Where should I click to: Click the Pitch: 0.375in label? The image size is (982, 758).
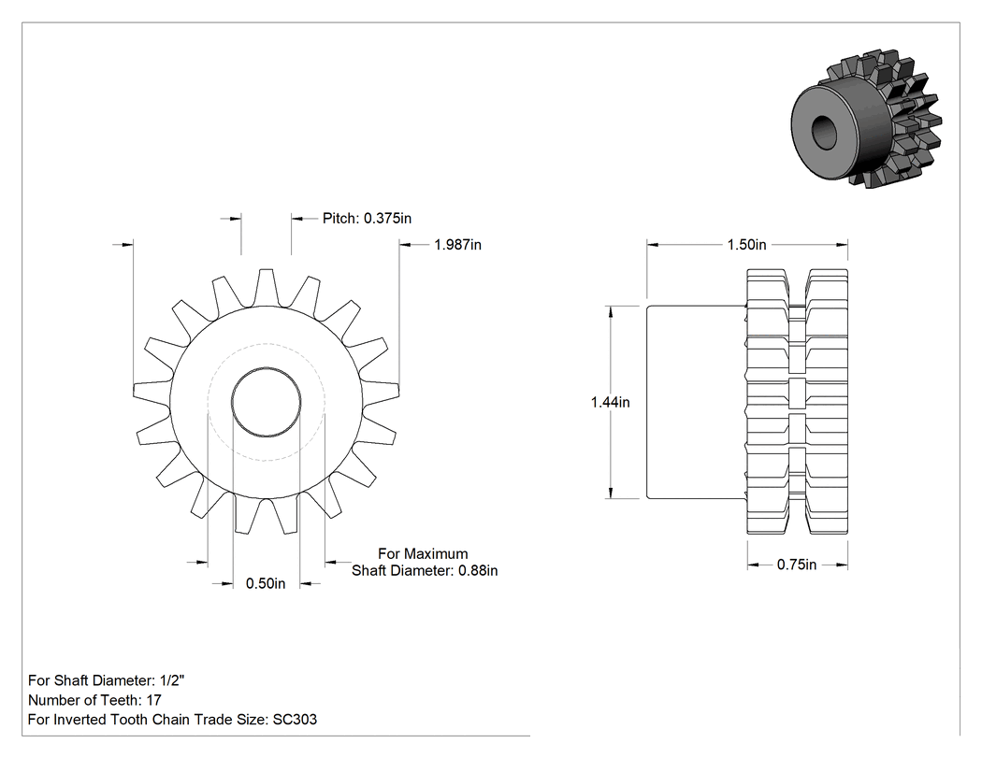point(367,219)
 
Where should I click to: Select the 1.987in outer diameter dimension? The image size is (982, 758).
point(458,245)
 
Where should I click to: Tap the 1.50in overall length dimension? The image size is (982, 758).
point(746,245)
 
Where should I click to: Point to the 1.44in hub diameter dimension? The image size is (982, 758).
point(610,402)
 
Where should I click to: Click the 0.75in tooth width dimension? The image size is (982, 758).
point(797,565)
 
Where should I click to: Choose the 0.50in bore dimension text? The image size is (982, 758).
point(266,583)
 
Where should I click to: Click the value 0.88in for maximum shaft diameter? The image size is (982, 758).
point(479,571)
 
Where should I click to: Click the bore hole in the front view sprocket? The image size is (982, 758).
point(267,402)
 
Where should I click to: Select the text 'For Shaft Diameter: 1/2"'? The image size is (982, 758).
point(107,680)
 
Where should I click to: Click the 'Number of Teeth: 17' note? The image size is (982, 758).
point(94,700)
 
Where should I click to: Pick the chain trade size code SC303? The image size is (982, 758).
point(295,719)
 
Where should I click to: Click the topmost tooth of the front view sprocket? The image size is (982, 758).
point(267,288)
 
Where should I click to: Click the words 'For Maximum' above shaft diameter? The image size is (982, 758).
point(423,554)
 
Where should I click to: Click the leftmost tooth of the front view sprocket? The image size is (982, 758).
point(152,392)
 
